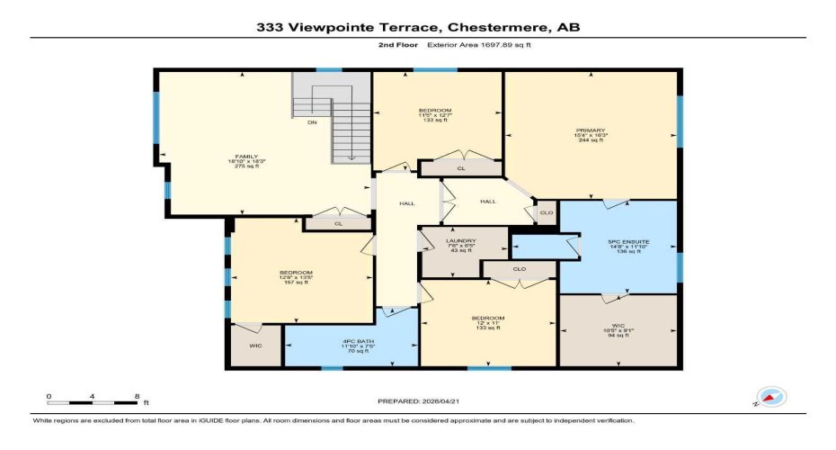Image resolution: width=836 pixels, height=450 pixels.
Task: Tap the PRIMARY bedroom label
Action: pos(591,130)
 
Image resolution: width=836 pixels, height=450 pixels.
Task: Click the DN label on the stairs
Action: pos(312,122)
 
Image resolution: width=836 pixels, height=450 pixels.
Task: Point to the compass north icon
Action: pos(770,397)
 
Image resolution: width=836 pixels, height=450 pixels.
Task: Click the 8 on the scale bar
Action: pos(135,397)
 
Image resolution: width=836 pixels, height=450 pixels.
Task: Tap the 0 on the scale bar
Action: pos(49,397)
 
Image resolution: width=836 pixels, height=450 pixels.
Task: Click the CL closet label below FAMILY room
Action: pos(338,223)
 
